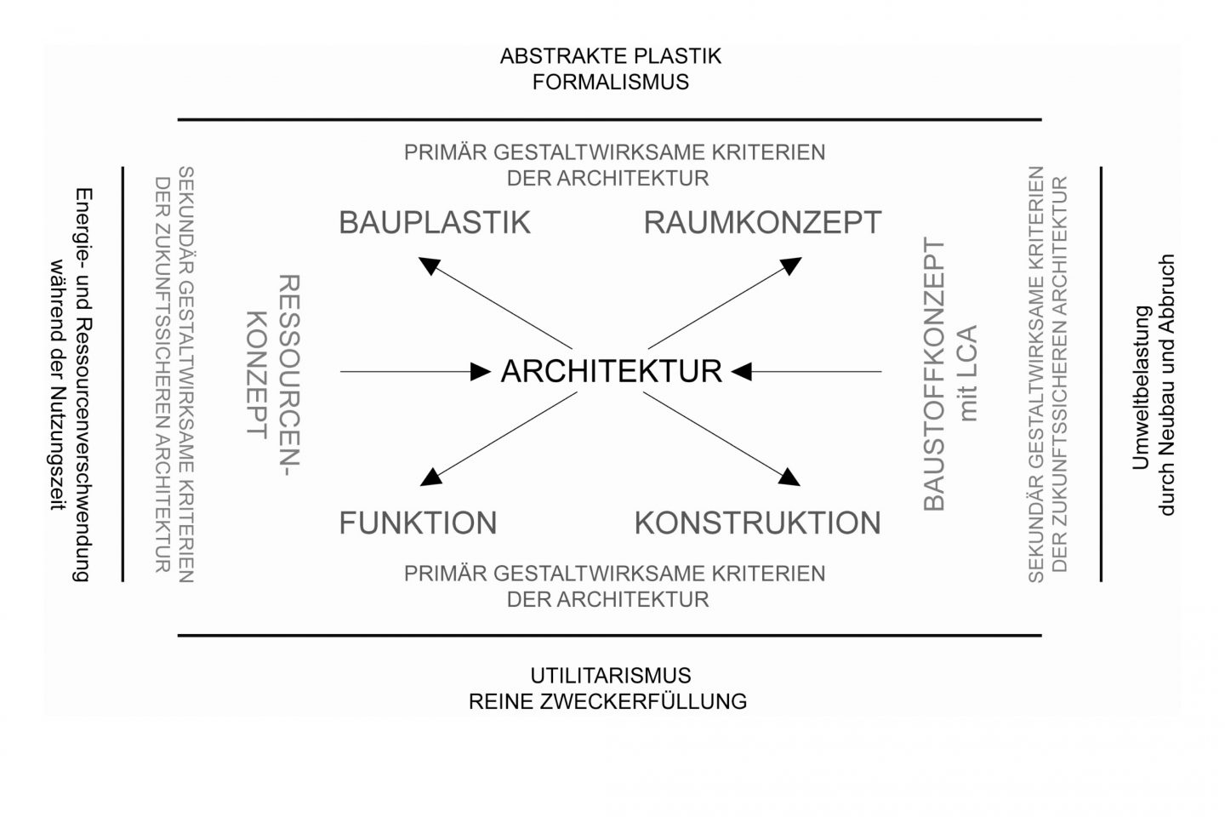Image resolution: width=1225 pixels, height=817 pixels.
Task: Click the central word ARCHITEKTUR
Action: (612, 371)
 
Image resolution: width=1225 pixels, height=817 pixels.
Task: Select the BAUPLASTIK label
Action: (435, 223)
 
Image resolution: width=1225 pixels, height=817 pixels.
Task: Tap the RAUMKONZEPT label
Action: (762, 223)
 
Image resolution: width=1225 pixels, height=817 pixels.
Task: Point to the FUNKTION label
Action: (418, 523)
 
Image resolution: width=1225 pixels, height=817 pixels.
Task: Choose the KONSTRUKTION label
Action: (757, 523)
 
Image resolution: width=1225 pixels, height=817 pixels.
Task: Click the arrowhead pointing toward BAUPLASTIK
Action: (430, 266)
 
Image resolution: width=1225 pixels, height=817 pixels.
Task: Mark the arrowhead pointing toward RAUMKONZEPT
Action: (791, 266)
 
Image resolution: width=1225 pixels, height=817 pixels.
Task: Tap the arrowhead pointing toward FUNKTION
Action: (431, 477)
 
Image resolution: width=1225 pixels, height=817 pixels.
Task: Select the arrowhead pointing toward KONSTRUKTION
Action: (789, 477)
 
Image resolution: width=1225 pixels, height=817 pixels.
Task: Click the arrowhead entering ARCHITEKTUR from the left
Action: (481, 372)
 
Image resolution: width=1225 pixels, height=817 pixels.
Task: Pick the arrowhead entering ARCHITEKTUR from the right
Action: (741, 372)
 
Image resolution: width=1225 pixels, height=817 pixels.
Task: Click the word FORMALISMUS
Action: (610, 82)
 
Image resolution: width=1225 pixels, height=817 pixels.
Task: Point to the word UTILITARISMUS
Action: (610, 676)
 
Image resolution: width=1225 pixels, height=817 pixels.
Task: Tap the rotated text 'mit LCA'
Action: (967, 374)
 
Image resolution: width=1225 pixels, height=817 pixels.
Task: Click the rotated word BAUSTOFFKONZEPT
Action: (934, 374)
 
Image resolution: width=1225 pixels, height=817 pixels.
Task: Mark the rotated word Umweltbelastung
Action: (1141, 387)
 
